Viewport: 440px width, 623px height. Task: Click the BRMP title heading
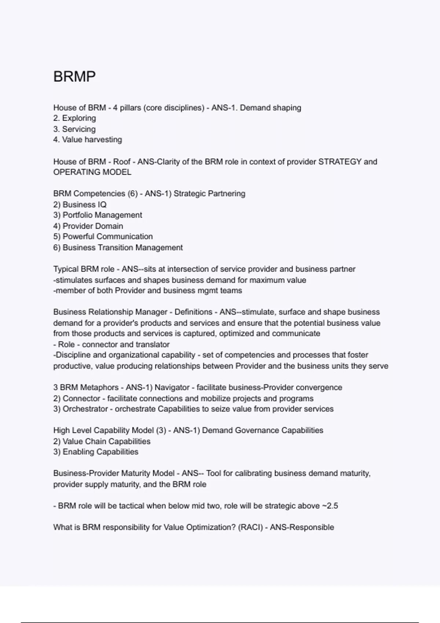[74, 77]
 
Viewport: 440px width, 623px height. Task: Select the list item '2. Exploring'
[74, 118]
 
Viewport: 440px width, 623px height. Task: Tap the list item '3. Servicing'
[74, 129]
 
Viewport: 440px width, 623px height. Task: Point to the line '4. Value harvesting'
[88, 140]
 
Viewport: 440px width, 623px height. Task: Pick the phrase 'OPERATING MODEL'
[92, 172]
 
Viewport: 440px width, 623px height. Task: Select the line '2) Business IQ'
[80, 204]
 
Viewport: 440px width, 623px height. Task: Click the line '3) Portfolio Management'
[98, 215]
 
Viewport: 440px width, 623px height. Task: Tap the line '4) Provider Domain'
[88, 226]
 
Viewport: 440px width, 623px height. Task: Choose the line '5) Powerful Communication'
[103, 236]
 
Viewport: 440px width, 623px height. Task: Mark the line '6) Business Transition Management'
[118, 247]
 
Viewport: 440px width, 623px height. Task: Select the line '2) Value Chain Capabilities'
[102, 441]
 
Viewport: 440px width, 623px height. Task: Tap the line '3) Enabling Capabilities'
[96, 452]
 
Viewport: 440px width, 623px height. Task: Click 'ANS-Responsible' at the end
[302, 527]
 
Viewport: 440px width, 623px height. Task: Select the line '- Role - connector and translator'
[111, 344]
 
